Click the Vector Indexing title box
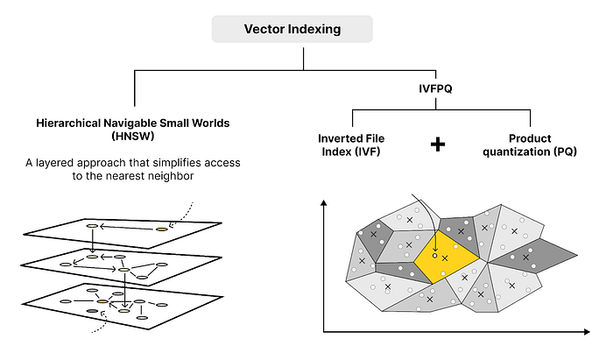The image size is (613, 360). coord(292,30)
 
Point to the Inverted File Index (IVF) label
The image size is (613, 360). coord(350,145)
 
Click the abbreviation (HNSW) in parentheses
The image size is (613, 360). coord(133,138)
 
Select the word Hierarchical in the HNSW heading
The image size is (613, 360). coord(70,124)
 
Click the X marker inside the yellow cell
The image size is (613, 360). coord(446,258)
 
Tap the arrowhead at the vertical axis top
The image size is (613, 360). coord(325,204)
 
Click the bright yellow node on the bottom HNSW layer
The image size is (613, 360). coord(102,301)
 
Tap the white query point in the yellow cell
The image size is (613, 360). coord(435,256)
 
